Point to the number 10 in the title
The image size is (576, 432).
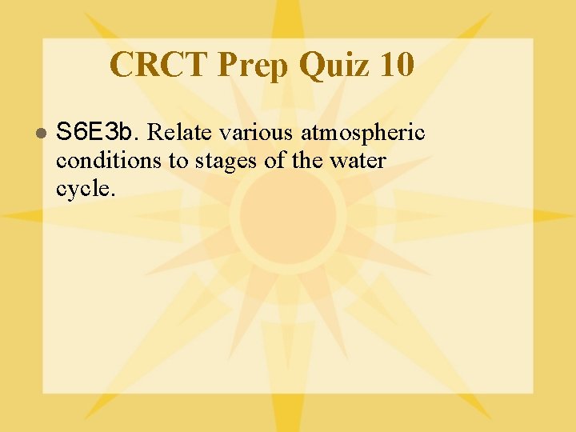tap(398, 65)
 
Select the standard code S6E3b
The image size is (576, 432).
tap(98, 130)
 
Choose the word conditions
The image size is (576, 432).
tap(110, 161)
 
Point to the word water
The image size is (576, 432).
tap(358, 161)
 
